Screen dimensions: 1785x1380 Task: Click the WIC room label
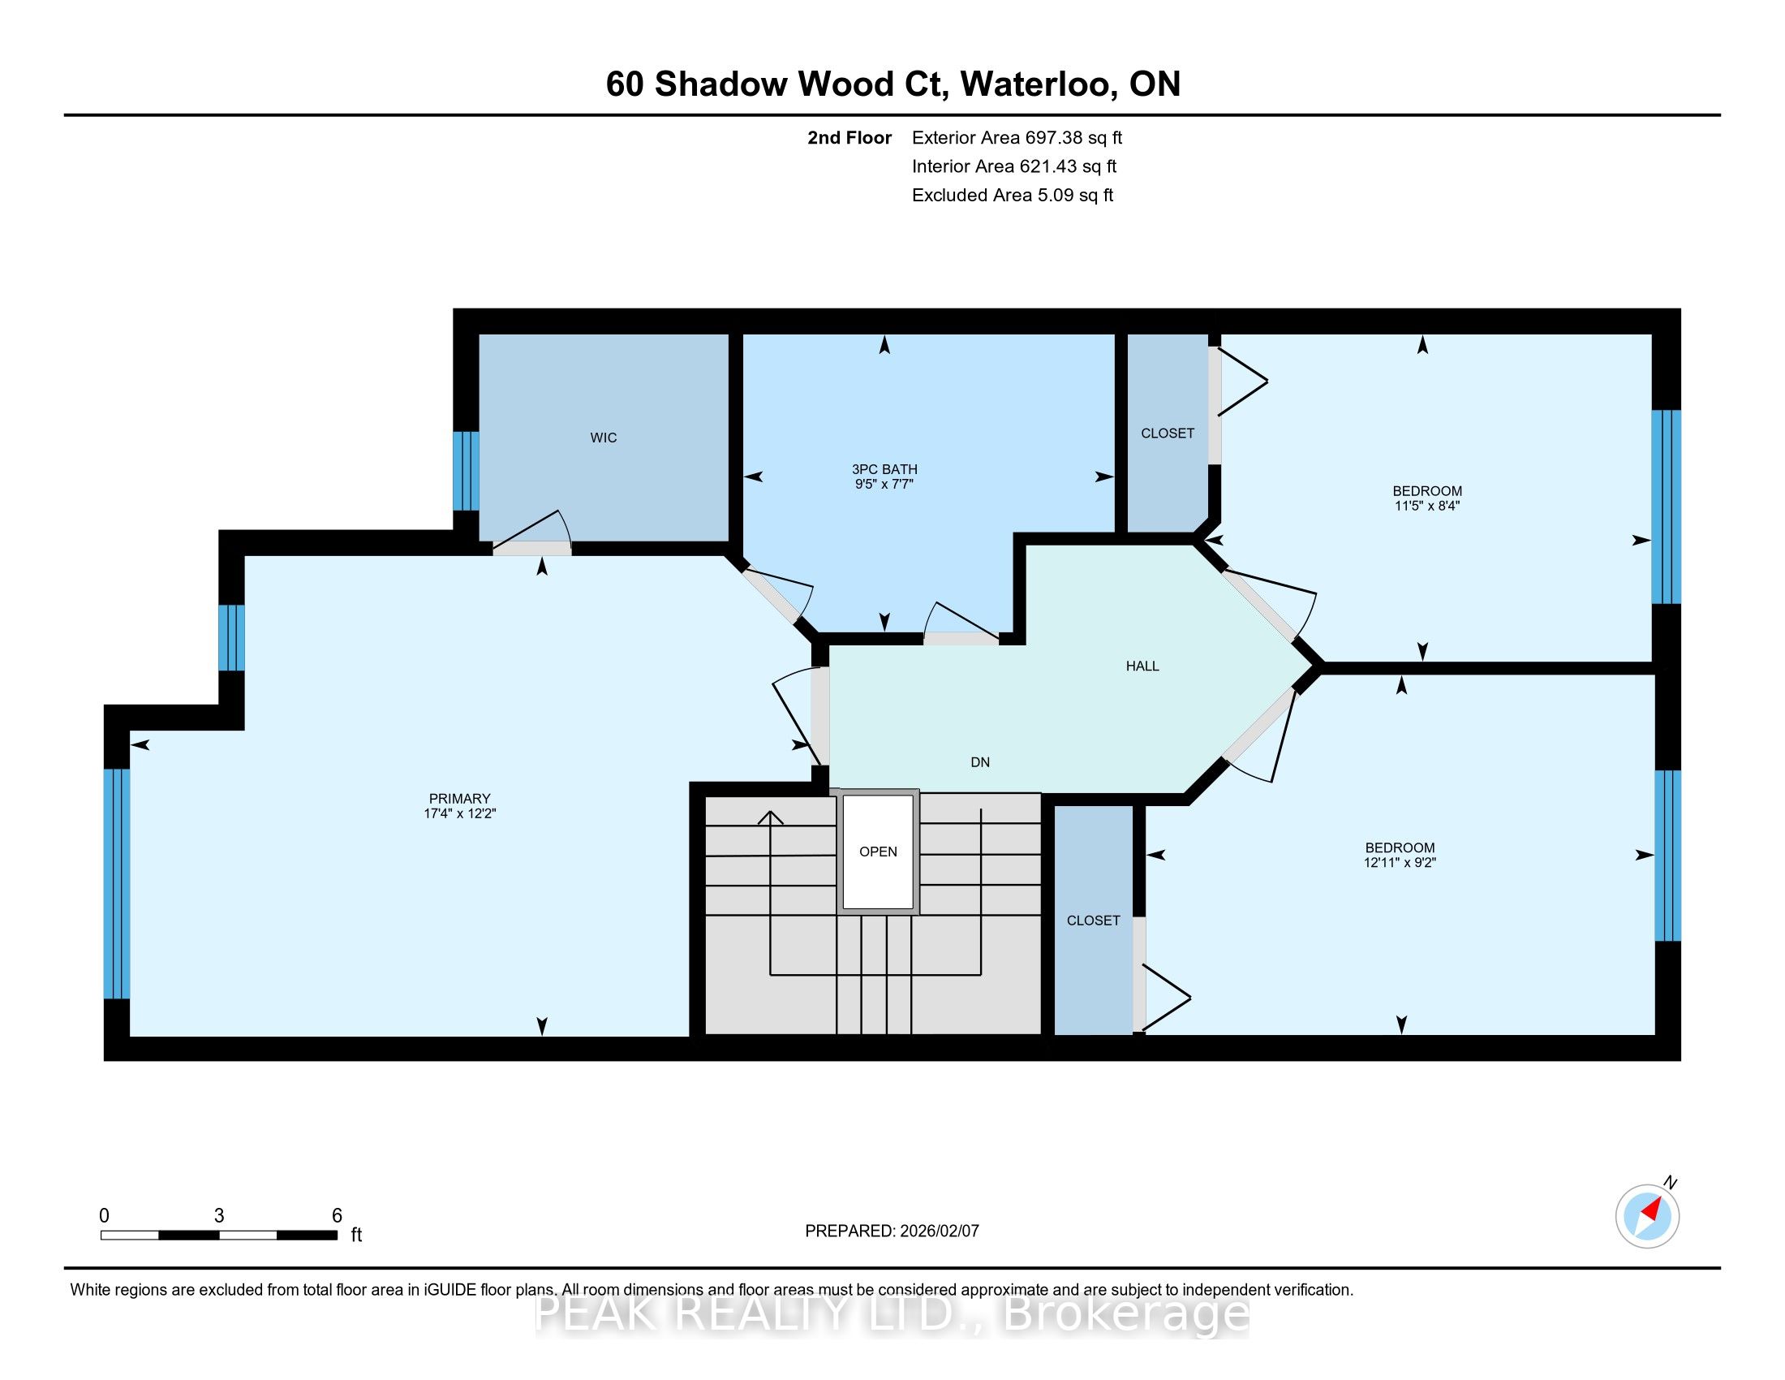point(603,438)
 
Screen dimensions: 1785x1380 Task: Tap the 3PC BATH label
point(884,469)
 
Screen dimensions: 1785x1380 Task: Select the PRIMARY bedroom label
point(459,799)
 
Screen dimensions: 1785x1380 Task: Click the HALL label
point(1142,666)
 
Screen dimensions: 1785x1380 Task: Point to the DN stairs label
point(980,763)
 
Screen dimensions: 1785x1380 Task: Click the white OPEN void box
point(879,852)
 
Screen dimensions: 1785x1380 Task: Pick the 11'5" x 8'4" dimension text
point(1427,506)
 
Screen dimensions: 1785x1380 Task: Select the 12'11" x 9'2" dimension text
point(1400,862)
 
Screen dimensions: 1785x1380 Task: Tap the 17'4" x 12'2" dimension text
point(459,813)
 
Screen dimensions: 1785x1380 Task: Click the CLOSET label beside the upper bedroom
point(1167,433)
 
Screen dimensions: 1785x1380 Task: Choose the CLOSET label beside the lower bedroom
point(1093,921)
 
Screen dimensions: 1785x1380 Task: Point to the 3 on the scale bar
point(219,1216)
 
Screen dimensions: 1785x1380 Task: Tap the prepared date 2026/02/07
point(939,1231)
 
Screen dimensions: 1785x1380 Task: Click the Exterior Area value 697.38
point(1051,138)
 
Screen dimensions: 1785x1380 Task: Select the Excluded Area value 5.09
point(1055,196)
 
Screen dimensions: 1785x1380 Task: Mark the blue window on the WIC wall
point(466,471)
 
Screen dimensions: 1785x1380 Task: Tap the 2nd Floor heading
point(849,138)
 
